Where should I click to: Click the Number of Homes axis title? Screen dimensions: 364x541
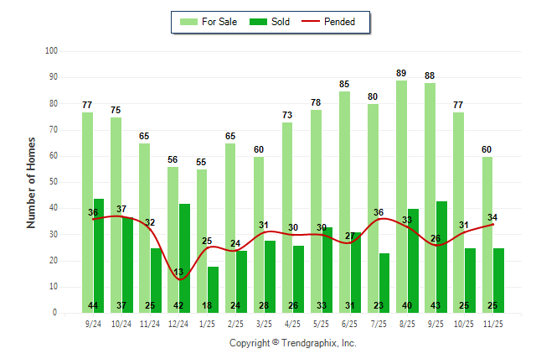32,182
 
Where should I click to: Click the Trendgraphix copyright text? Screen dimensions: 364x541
292,343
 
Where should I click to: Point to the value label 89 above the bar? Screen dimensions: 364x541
401,73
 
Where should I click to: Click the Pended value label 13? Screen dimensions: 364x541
178,272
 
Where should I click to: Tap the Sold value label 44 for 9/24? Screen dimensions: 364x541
93,305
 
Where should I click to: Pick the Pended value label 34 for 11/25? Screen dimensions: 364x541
492,218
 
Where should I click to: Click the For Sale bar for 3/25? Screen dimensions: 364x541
259,234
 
